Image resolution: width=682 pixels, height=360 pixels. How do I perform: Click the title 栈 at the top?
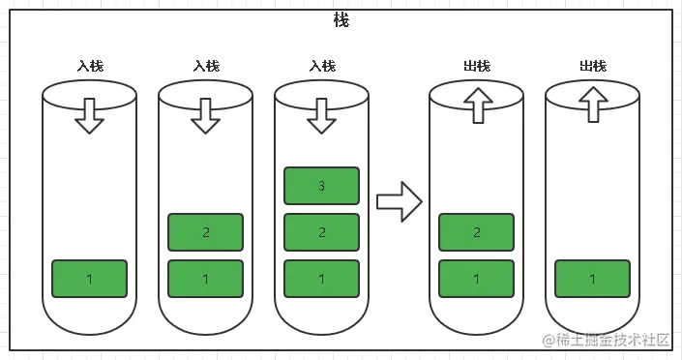point(341,21)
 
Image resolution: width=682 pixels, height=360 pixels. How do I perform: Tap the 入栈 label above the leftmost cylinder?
point(90,66)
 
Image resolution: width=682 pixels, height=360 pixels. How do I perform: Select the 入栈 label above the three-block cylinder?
point(322,66)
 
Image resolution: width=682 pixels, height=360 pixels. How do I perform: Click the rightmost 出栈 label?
point(593,66)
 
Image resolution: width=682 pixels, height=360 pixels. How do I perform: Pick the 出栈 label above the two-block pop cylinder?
point(477,66)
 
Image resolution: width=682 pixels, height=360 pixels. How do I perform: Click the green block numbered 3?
point(321,186)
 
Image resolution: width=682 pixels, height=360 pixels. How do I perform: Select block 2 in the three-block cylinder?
point(321,232)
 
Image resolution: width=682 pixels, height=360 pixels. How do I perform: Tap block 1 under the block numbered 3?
point(321,279)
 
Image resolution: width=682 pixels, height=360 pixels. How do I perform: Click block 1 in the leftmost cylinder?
point(89,279)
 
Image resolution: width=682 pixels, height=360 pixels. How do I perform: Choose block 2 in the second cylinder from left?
point(205,232)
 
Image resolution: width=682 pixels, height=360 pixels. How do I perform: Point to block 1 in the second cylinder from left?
point(205,279)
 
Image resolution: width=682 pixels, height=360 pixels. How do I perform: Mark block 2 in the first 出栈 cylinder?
point(476,232)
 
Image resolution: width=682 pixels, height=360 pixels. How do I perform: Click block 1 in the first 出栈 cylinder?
point(476,279)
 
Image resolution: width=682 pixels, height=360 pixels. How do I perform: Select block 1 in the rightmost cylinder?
point(592,279)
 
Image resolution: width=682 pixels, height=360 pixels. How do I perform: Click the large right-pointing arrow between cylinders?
point(399,202)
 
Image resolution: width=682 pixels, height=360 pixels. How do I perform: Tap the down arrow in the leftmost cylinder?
point(89,114)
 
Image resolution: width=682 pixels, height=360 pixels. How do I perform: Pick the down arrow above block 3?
point(321,114)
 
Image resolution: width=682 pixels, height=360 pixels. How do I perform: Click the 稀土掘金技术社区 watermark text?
point(613,340)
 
